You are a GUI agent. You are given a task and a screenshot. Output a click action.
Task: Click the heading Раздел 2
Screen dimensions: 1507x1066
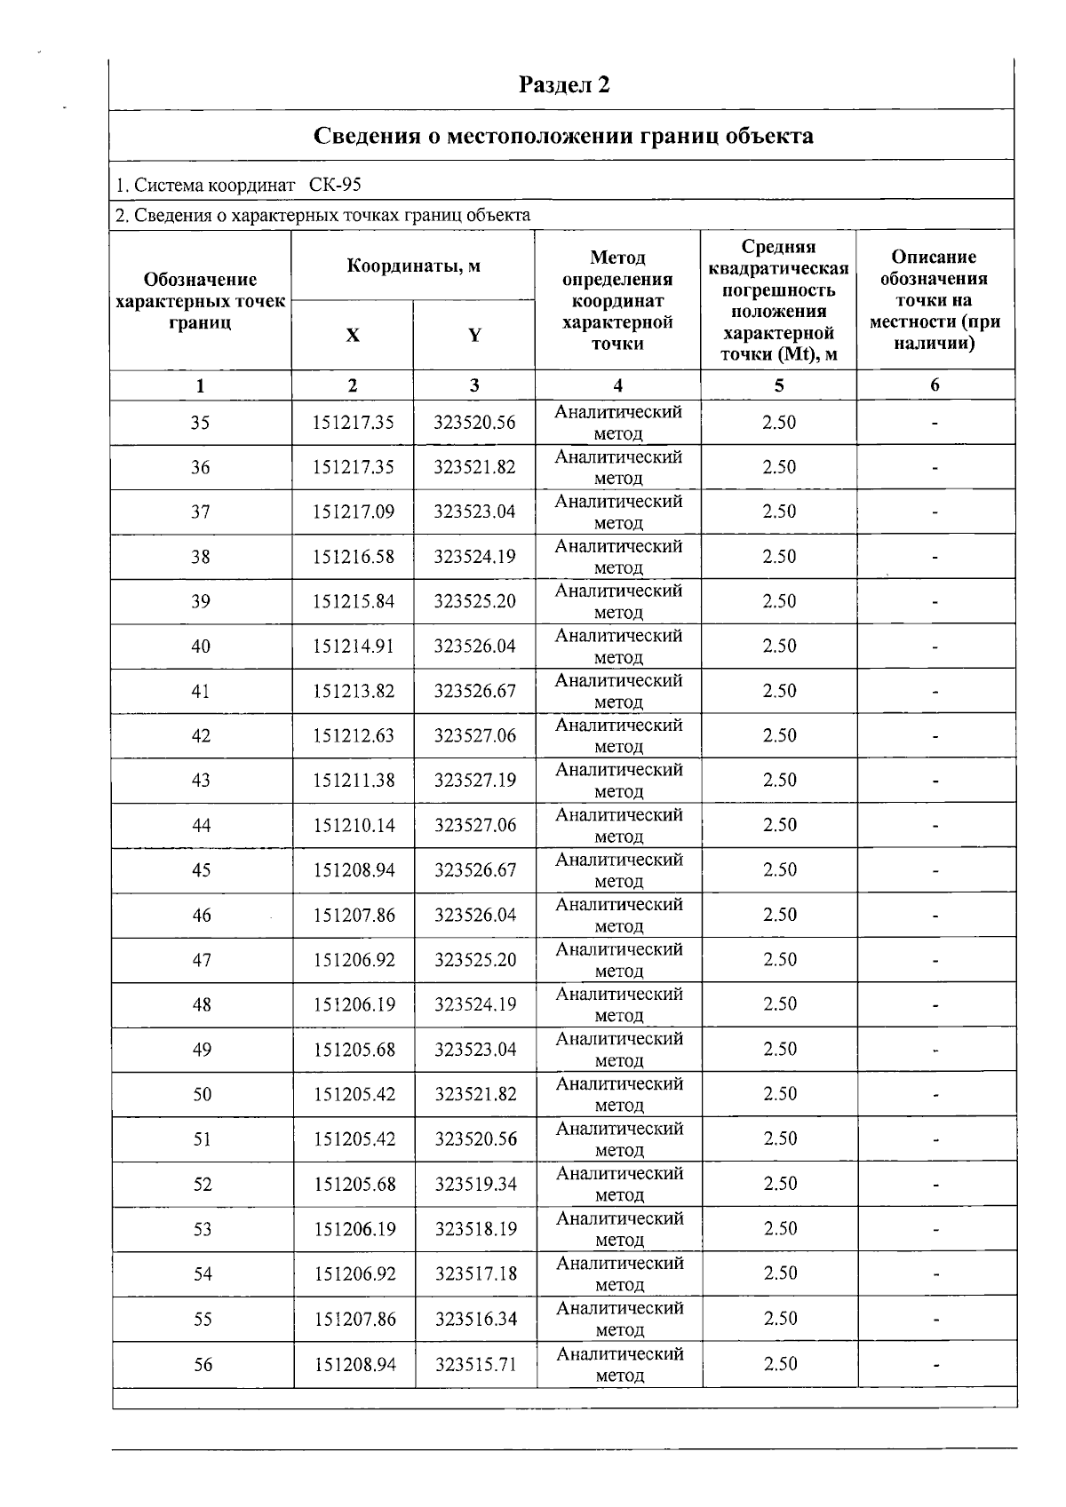pyautogui.click(x=564, y=85)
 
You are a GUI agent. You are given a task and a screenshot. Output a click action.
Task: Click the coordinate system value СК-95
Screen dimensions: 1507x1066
pyautogui.click(x=335, y=185)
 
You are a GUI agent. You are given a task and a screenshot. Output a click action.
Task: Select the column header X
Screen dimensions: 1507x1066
pyautogui.click(x=353, y=335)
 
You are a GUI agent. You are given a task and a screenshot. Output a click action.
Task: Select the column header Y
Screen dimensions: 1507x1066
pyautogui.click(x=474, y=335)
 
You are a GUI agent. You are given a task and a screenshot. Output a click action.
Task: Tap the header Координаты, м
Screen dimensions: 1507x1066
pyautogui.click(x=413, y=266)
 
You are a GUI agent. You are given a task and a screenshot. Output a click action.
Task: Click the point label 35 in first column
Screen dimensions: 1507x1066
pyautogui.click(x=200, y=423)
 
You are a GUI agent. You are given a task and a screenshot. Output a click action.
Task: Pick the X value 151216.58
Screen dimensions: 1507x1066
pyautogui.click(x=353, y=557)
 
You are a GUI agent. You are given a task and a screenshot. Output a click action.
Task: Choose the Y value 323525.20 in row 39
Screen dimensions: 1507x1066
pyautogui.click(x=474, y=601)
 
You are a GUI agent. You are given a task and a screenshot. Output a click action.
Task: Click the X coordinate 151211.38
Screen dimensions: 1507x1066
pyautogui.click(x=354, y=781)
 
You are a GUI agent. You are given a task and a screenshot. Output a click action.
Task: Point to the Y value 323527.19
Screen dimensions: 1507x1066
pyautogui.click(x=475, y=781)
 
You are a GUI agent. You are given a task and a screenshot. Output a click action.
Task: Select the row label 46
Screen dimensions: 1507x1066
pyautogui.click(x=202, y=915)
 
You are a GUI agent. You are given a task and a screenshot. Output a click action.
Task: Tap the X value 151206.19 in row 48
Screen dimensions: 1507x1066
pyautogui.click(x=354, y=1004)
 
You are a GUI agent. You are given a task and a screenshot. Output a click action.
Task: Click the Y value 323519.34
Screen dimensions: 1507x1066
pyautogui.click(x=476, y=1184)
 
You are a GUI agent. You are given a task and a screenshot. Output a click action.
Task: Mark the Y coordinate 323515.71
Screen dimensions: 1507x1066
pyautogui.click(x=476, y=1364)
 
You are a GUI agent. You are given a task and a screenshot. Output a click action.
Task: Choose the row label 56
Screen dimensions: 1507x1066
pyautogui.click(x=203, y=1364)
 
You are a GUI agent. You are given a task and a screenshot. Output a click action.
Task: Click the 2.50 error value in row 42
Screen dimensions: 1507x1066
pyautogui.click(x=779, y=735)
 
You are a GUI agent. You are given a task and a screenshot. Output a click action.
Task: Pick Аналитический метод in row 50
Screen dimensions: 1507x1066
pyautogui.click(x=619, y=1094)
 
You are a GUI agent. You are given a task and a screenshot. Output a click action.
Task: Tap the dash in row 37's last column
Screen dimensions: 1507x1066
pyautogui.click(x=935, y=512)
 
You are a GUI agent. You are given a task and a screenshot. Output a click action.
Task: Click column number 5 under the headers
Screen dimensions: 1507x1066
pyautogui.click(x=779, y=385)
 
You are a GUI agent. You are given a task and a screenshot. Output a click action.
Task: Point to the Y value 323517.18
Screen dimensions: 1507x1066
pyautogui.click(x=476, y=1273)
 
